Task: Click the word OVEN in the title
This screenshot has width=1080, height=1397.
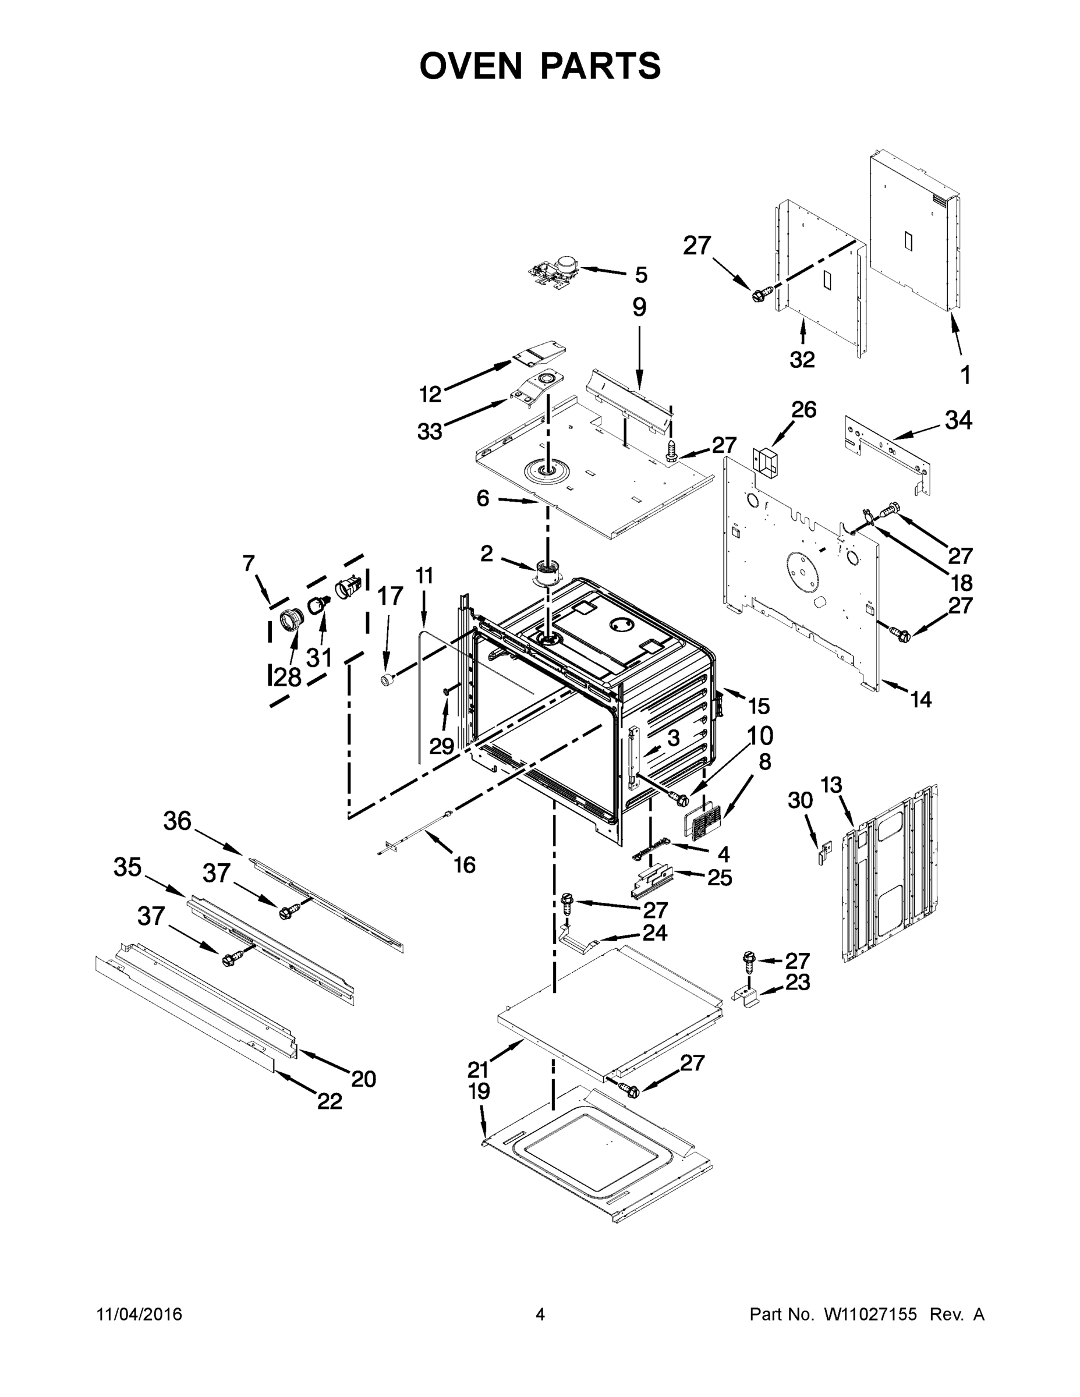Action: click(x=471, y=65)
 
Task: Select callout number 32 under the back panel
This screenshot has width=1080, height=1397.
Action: click(x=802, y=360)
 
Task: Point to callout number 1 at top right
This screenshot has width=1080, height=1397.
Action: click(x=965, y=375)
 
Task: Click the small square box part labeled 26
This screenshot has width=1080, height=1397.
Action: click(x=766, y=460)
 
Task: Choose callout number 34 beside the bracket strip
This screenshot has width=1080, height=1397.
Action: click(x=958, y=420)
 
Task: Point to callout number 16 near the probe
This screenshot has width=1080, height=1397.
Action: click(x=465, y=865)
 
